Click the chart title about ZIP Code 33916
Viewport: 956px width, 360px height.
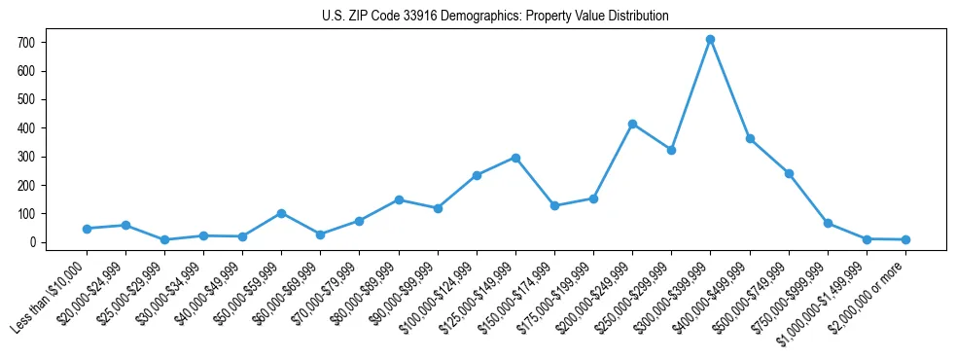(495, 17)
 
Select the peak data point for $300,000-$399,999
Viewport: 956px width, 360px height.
(710, 39)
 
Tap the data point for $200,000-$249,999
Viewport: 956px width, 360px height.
(632, 124)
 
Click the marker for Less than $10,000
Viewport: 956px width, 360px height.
(87, 229)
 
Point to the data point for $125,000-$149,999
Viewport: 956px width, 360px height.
(515, 158)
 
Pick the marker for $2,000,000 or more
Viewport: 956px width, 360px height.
(905, 239)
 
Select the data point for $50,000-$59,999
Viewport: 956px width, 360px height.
(281, 213)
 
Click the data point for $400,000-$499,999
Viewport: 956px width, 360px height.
(750, 138)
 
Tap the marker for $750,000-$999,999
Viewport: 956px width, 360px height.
(828, 223)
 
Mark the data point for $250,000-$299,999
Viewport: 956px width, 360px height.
(671, 150)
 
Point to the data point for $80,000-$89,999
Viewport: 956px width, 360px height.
(399, 199)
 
